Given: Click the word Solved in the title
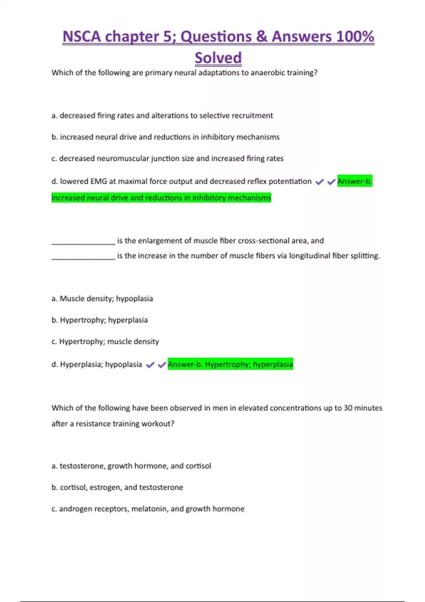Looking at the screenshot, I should [218, 58].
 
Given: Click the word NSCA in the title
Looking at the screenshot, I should [81, 36].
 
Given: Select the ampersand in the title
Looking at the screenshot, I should [262, 36].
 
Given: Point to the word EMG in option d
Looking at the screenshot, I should [98, 181].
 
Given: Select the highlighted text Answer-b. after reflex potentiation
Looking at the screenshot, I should [355, 181].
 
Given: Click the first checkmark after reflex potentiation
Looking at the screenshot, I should [319, 182].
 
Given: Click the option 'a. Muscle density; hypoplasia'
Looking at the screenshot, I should [102, 299].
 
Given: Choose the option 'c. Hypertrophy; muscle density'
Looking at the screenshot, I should [105, 341].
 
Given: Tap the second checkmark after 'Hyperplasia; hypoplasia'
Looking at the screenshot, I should [162, 365].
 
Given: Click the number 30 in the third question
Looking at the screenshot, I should [348, 408].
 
